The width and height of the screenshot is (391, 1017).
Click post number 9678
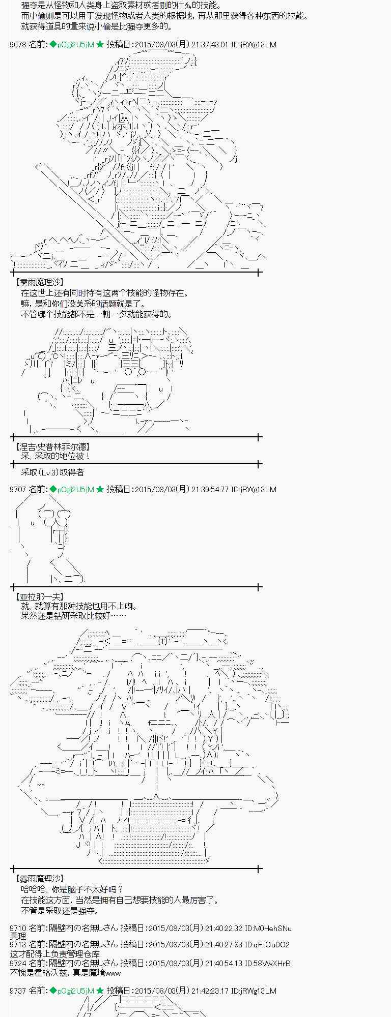(x=18, y=45)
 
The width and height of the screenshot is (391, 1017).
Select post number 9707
(x=18, y=490)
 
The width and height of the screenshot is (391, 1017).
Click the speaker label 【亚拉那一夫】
(x=40, y=597)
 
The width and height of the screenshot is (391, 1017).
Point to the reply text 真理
(x=18, y=936)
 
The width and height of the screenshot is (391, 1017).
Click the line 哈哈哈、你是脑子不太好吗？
(x=72, y=889)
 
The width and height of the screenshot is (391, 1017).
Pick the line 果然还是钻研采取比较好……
(x=73, y=616)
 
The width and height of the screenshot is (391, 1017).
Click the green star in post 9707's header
(x=100, y=490)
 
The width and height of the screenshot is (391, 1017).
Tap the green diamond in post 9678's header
(x=52, y=45)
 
